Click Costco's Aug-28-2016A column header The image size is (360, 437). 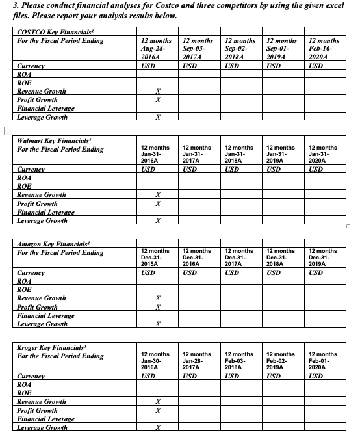(x=155, y=48)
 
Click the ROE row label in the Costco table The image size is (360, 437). (x=24, y=83)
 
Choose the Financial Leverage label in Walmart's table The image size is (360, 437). (x=45, y=212)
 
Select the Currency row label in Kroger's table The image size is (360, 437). (x=31, y=377)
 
